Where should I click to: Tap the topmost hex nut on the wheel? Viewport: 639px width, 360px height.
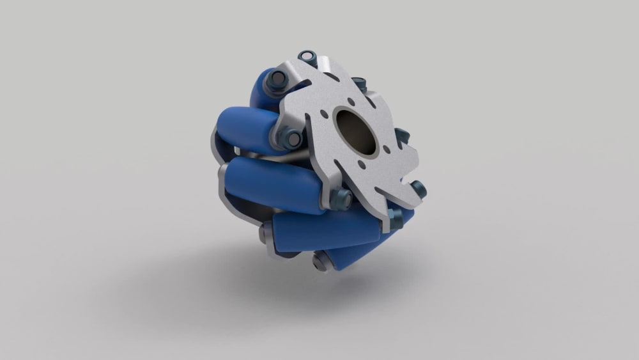coord(310,58)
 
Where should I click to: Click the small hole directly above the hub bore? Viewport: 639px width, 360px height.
coord(350,100)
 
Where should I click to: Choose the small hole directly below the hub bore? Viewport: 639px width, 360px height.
coord(362,165)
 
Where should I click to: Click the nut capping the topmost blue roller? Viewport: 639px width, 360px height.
coord(279,79)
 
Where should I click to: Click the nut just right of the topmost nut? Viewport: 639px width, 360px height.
coord(360,84)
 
